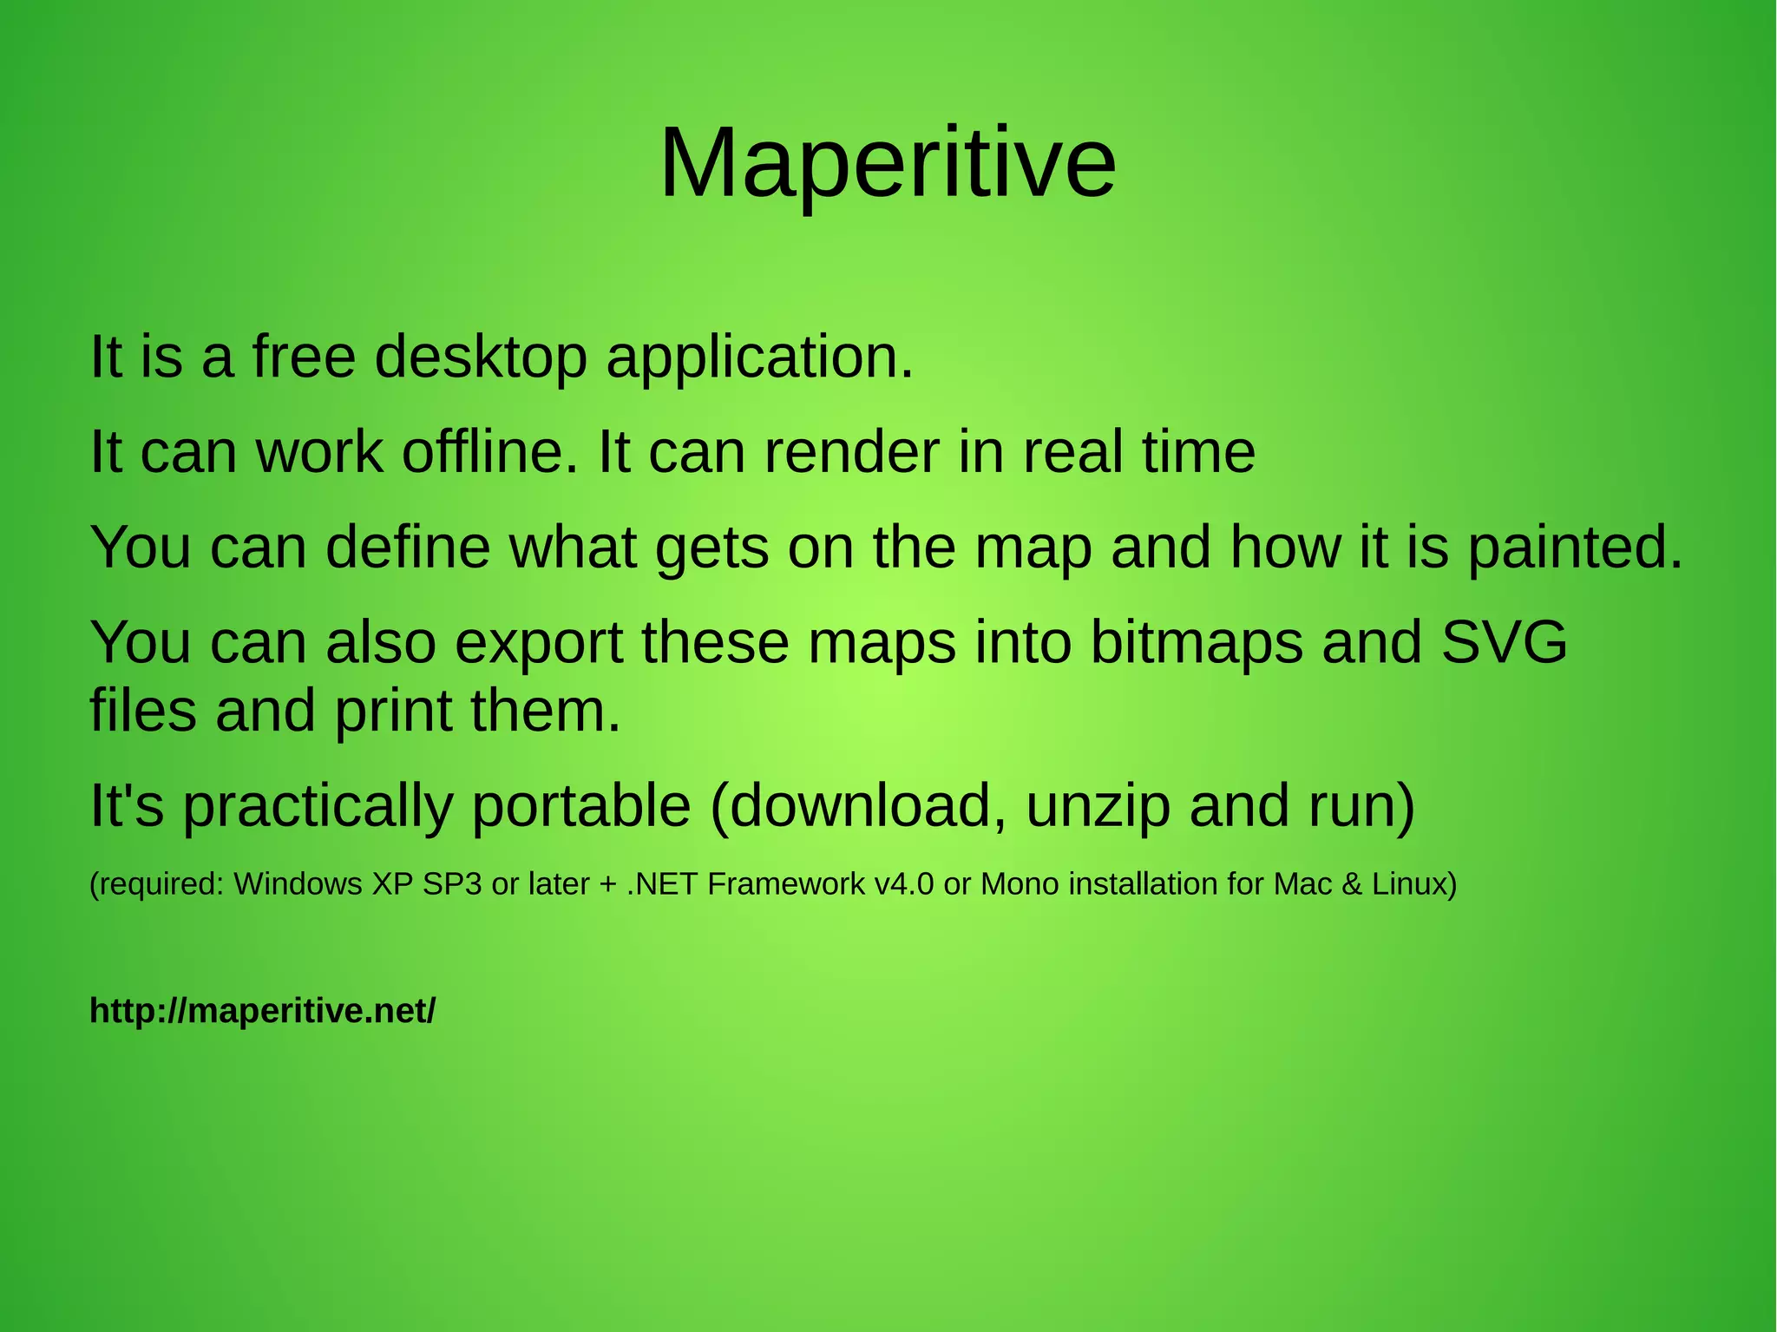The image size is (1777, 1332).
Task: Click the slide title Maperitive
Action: pyautogui.click(x=888, y=164)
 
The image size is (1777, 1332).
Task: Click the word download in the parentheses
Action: pyautogui.click(x=859, y=805)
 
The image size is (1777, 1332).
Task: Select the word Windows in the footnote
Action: pyautogui.click(x=298, y=884)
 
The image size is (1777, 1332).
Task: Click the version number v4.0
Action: pyautogui.click(x=904, y=884)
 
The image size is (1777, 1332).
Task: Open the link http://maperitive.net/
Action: pyautogui.click(x=262, y=1011)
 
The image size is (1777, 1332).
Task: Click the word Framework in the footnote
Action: pyautogui.click(x=786, y=884)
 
